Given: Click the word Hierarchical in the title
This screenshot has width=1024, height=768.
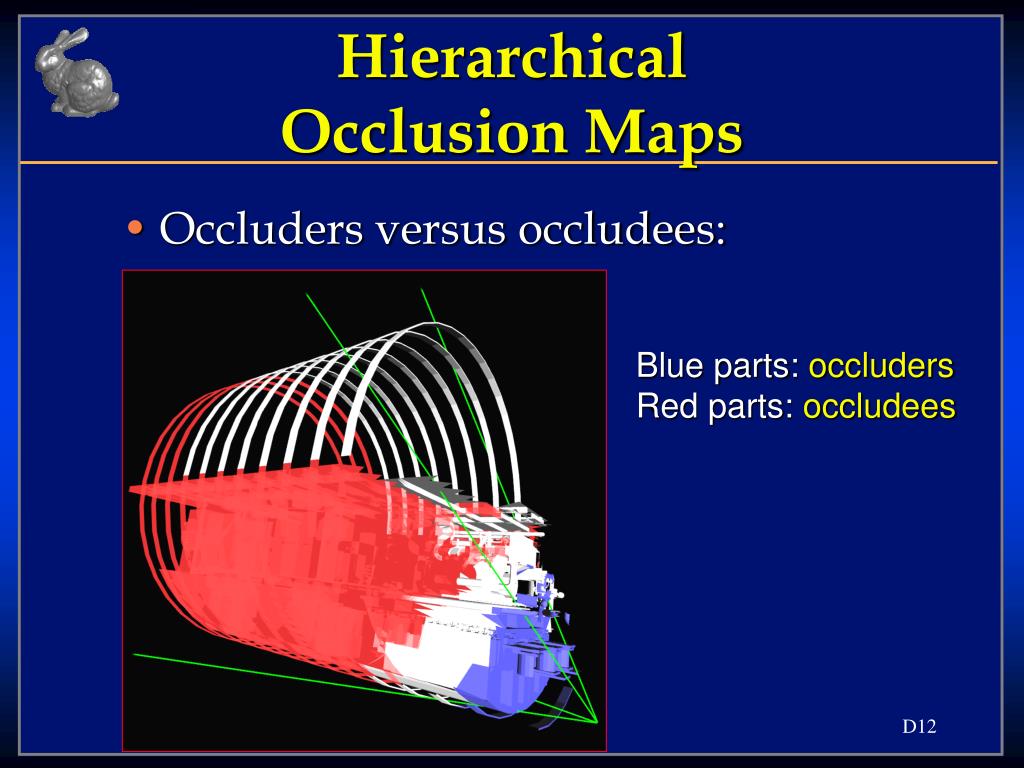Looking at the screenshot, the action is point(512,57).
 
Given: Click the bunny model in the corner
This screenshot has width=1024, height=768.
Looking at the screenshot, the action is point(76,72).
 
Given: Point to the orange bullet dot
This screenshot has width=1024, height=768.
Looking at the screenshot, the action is point(135,228).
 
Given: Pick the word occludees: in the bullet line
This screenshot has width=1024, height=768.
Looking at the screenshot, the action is point(622,229).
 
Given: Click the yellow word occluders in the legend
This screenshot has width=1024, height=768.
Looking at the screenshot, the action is point(881,366).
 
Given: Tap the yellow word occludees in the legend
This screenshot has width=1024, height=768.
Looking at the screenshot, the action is point(879,406).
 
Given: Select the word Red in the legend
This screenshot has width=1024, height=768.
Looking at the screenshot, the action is point(665,406).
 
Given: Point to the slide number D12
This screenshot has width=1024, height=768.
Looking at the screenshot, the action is point(920,726).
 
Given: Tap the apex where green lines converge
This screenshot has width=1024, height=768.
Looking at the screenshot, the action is point(596,722).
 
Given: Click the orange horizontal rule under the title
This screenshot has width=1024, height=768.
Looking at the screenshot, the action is point(509,162).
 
